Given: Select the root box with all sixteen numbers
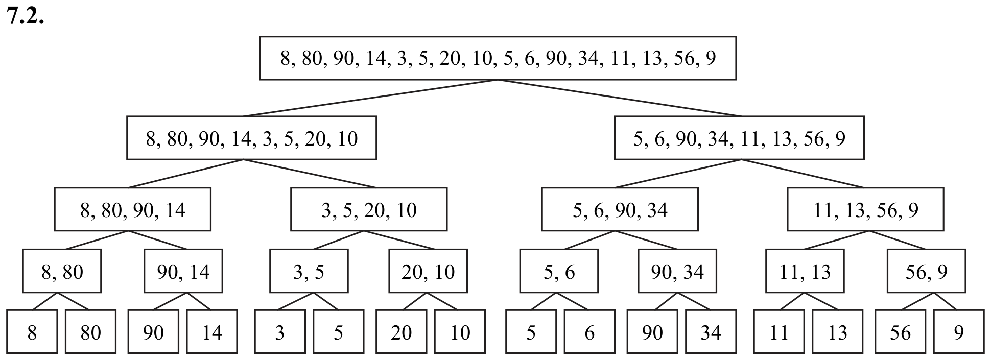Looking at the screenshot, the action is (498, 58).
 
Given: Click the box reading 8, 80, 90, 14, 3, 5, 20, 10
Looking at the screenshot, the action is (252, 138).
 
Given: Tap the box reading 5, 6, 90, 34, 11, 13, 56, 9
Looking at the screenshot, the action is (739, 138).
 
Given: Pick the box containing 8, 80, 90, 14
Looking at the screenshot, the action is (133, 209).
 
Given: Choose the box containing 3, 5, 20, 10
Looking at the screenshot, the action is (369, 209).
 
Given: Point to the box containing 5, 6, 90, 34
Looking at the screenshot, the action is (620, 209).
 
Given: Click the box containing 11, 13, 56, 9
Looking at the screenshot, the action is (865, 209).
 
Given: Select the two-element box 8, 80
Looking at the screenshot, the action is (62, 271).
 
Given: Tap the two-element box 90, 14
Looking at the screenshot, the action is (183, 271).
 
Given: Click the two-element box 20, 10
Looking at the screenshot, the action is (428, 271).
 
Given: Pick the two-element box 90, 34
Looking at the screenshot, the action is (677, 271).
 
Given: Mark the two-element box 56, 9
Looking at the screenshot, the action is (926, 271).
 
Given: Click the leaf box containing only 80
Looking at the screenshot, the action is (91, 331).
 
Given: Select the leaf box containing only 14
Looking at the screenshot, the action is (212, 331).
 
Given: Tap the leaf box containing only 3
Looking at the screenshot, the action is (280, 331).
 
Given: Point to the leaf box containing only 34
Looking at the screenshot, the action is (711, 331).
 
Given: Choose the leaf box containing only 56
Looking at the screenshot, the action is (900, 331).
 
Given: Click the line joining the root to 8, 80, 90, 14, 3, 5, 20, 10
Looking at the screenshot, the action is (370, 98).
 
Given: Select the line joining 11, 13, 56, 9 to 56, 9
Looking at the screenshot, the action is (898, 240).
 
